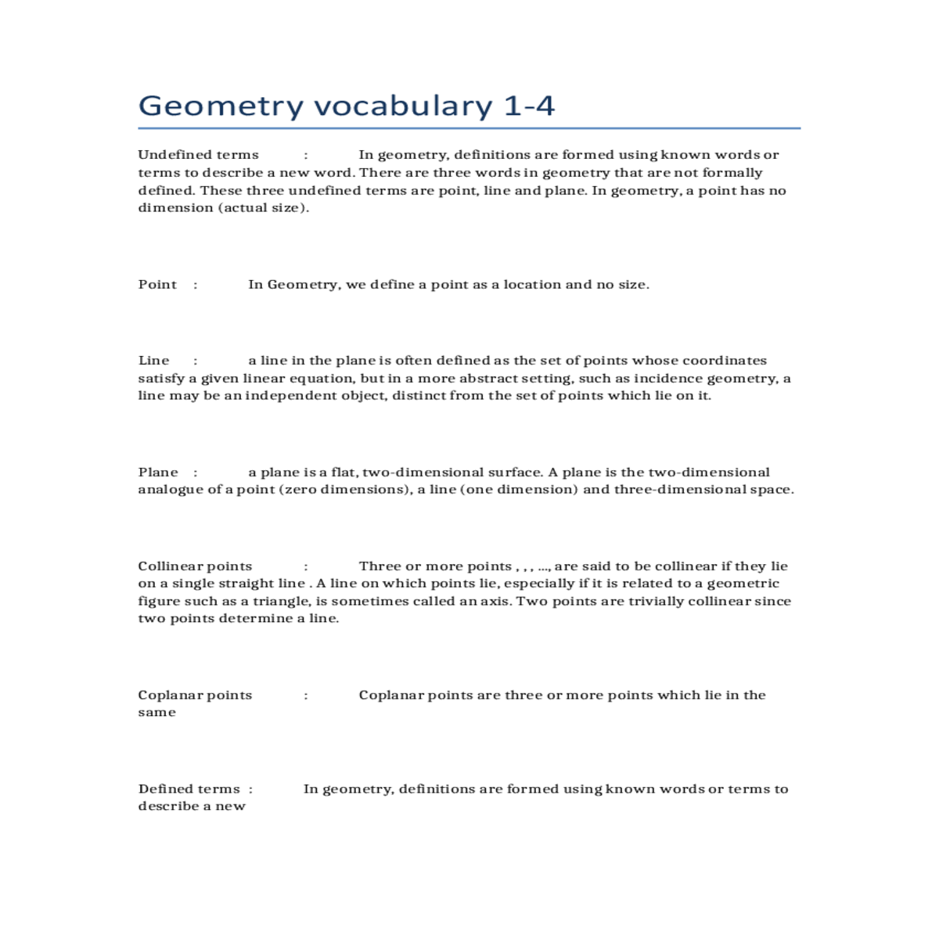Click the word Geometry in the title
[x=221, y=106]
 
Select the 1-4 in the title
[x=529, y=106]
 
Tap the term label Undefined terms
[x=198, y=155]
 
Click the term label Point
[x=157, y=285]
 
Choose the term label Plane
[x=158, y=473]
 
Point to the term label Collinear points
[x=195, y=567]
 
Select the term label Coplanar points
[x=195, y=696]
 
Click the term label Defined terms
[x=189, y=790]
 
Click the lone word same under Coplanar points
[x=156, y=713]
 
